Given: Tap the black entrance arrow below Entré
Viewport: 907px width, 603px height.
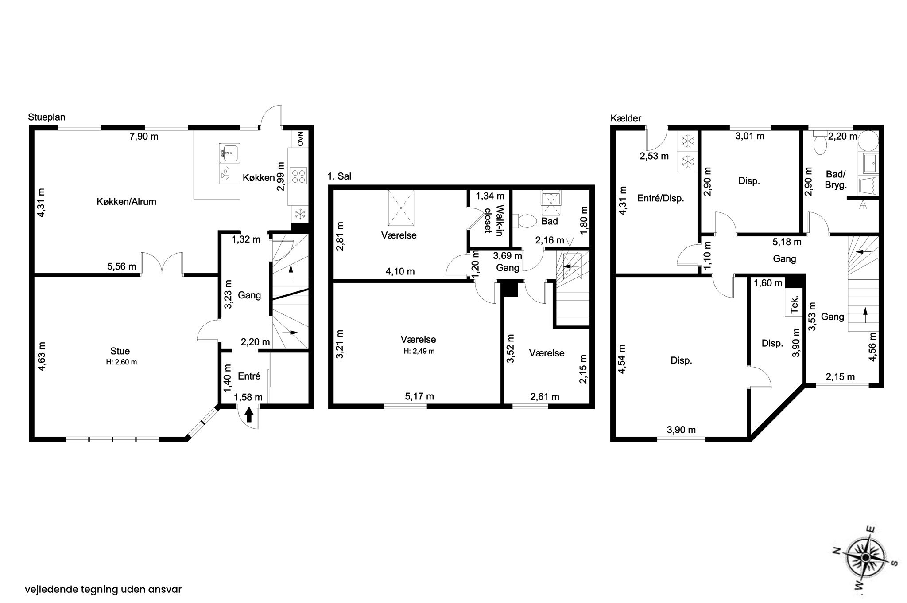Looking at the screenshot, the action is [249, 415].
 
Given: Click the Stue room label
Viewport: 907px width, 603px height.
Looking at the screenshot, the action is [120, 352].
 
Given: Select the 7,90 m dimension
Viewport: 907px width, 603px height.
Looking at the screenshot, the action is [143, 137].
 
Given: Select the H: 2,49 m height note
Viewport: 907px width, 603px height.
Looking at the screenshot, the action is [419, 351].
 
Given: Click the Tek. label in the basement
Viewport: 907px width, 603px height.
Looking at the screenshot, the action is [795, 304].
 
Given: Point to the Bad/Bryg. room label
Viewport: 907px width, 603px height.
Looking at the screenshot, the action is [836, 179].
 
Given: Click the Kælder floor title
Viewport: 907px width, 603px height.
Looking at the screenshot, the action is [625, 118].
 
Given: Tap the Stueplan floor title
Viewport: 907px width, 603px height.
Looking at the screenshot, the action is [47, 117].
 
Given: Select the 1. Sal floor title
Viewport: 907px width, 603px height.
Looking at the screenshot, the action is [339, 176].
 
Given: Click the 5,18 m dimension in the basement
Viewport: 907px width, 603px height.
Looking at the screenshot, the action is [787, 242].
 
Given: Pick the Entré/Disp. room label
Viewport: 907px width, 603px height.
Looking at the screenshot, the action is [661, 198].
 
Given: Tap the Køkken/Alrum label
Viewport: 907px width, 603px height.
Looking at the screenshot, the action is [126, 202].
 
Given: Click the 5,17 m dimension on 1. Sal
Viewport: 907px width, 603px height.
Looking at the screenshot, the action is [419, 396].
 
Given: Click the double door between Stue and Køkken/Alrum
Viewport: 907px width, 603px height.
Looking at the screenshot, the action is [162, 265].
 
